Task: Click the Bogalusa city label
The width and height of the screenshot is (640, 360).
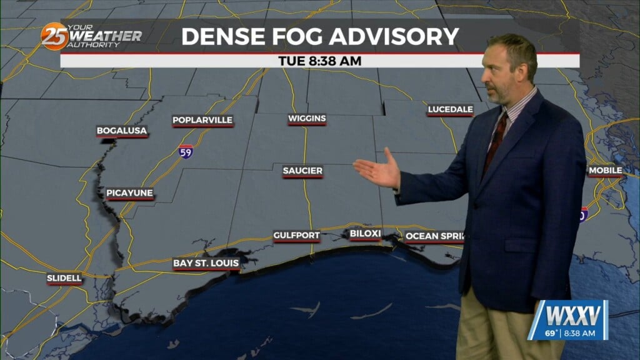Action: click(x=122, y=131)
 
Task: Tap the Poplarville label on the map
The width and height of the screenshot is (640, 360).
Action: click(x=202, y=120)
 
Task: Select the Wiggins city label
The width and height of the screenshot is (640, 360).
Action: click(x=307, y=119)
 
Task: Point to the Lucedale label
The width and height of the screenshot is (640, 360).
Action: click(x=450, y=111)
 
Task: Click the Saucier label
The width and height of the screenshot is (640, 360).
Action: click(x=302, y=171)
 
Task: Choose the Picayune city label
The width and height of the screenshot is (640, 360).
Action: click(x=129, y=193)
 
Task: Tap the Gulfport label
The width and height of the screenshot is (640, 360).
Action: click(x=296, y=236)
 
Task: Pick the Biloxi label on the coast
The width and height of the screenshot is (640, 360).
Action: click(x=365, y=234)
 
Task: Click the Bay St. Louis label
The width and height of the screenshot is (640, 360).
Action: click(x=206, y=264)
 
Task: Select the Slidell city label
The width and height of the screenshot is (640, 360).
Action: click(x=64, y=278)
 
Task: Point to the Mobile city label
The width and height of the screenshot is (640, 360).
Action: click(x=605, y=171)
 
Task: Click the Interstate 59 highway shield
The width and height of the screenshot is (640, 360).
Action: click(x=184, y=152)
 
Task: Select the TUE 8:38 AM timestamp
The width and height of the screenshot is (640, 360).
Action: click(x=320, y=61)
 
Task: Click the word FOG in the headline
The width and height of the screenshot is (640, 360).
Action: click(x=297, y=36)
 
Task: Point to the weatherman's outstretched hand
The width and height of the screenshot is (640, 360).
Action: click(x=377, y=169)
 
